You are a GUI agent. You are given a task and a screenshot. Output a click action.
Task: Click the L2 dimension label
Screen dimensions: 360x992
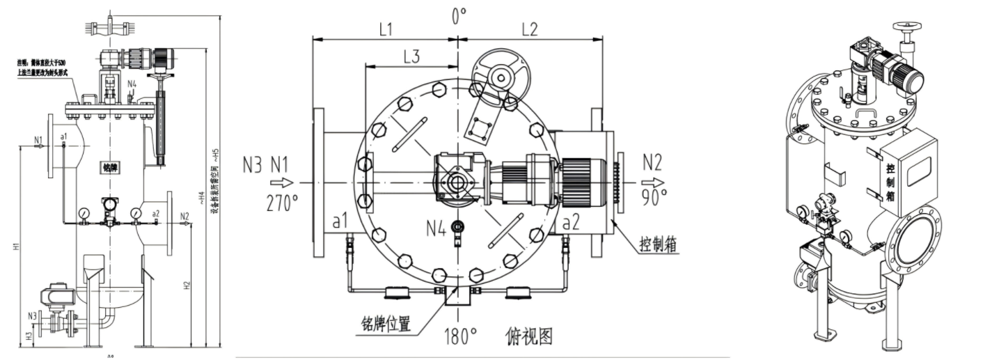coord(529,29)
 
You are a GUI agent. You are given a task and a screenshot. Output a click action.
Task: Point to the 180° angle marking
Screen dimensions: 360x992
coord(459,338)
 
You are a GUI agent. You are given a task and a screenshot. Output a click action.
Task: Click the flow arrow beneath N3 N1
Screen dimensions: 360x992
coord(281,183)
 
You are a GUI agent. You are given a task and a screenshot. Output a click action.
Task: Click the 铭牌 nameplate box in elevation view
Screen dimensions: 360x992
coord(110,167)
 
